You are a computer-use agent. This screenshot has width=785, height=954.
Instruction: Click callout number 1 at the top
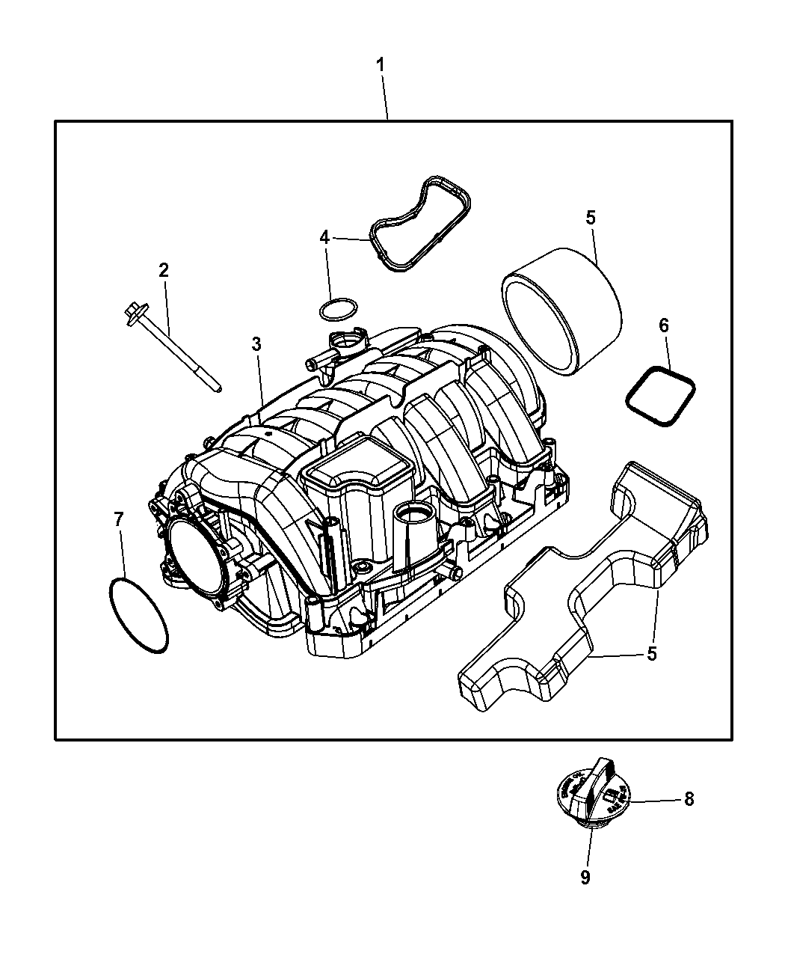click(381, 65)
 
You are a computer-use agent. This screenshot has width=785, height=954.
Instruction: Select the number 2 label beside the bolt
click(164, 271)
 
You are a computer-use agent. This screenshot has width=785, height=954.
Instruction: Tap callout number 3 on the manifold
click(256, 344)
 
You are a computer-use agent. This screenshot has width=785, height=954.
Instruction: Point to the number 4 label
click(324, 237)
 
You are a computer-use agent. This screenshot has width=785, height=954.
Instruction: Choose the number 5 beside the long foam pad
click(651, 654)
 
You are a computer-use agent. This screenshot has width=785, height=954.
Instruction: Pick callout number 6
click(663, 325)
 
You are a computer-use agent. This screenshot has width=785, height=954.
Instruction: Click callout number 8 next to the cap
click(689, 799)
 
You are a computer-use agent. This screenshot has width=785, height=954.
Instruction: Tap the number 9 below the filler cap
click(585, 877)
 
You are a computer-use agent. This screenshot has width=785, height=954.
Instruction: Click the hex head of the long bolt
click(134, 309)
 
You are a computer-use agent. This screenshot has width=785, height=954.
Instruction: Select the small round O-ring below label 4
click(336, 308)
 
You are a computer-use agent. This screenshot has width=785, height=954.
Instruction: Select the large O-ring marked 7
click(139, 614)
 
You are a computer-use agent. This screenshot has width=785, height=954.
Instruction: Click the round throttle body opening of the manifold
click(195, 560)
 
